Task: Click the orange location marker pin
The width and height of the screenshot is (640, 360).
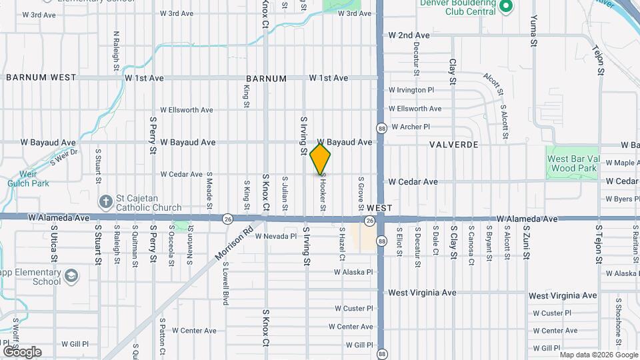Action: coord(321,159)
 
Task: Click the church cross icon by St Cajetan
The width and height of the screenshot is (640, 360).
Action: coord(105,201)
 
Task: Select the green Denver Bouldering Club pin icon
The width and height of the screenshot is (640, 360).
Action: coord(505,7)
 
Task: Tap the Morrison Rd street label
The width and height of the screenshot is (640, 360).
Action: coord(235,244)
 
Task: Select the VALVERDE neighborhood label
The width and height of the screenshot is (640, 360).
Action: coord(455,144)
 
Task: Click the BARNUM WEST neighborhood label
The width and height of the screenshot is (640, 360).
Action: coord(41,77)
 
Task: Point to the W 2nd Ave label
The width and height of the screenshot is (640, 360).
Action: coord(409,35)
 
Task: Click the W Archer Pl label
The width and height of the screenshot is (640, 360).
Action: coord(411,127)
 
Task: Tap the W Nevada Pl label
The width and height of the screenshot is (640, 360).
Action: coord(275,236)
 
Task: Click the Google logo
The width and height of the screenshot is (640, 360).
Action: coord(21,351)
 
